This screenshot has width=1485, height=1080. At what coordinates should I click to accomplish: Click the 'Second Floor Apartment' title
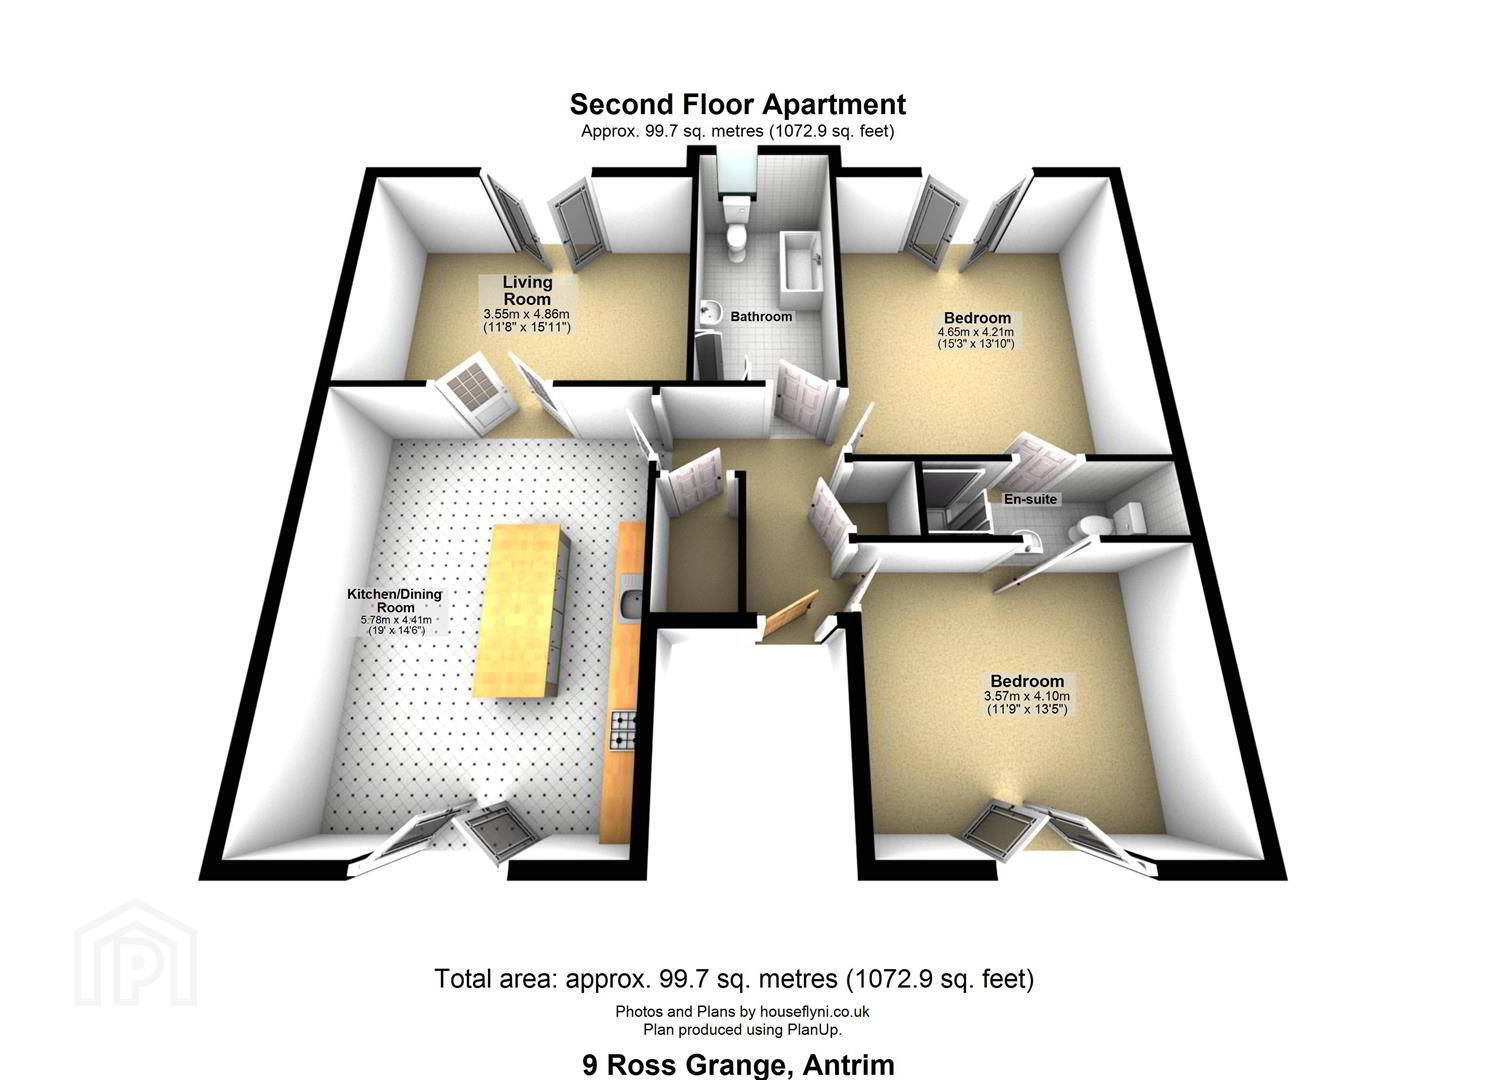pos(737,105)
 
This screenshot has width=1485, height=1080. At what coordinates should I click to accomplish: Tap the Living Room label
pos(527,290)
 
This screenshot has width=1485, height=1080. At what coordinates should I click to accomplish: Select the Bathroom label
pos(761,317)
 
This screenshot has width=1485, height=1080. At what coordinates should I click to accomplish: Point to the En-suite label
pos(1030,499)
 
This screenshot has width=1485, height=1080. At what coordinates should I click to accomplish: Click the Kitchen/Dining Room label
pos(395,601)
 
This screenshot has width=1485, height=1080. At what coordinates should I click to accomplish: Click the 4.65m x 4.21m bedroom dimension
pos(975,332)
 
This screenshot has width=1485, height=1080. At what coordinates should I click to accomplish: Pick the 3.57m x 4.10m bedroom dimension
pos(1027,696)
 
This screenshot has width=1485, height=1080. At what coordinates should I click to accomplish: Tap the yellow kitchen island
pos(522,609)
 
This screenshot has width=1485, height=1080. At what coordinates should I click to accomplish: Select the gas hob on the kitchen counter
pos(623,730)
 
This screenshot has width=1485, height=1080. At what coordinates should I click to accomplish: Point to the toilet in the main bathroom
pos(736,225)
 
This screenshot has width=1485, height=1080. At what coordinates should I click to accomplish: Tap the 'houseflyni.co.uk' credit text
pos(814,1011)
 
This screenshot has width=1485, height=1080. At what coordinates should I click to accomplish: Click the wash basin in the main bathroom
pos(710,312)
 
